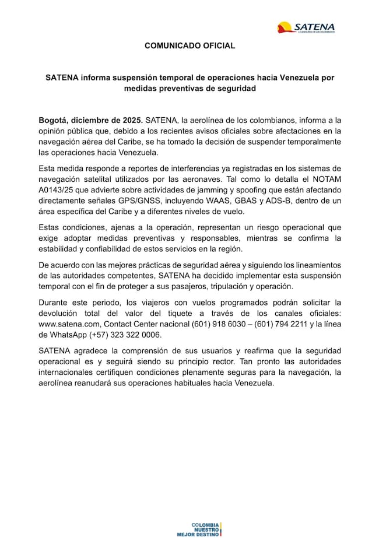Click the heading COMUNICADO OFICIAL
[x=189, y=45]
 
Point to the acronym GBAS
[x=253, y=201]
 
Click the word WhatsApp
[x=69, y=336]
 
